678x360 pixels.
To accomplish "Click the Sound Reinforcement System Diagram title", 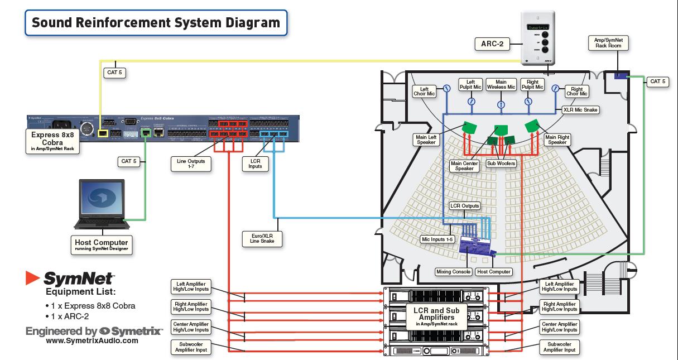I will [156, 23].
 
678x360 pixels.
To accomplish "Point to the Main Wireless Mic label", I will [501, 84].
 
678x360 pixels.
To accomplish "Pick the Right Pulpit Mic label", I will [532, 84].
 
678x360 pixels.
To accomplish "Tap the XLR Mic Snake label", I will [580, 110].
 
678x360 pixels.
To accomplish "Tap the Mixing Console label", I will [454, 272].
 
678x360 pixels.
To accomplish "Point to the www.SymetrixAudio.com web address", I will [92, 340].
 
